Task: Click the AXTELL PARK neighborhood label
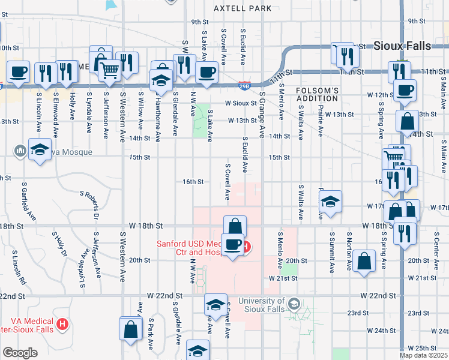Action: click(242, 8)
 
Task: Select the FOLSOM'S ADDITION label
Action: click(318, 94)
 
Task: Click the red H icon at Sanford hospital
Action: click(247, 245)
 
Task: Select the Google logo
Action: click(20, 353)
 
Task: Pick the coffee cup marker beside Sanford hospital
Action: click(232, 244)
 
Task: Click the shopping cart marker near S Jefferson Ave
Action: click(109, 70)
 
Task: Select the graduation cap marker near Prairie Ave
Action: click(330, 202)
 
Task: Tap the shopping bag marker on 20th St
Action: click(364, 261)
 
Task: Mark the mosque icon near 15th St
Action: click(19, 149)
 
